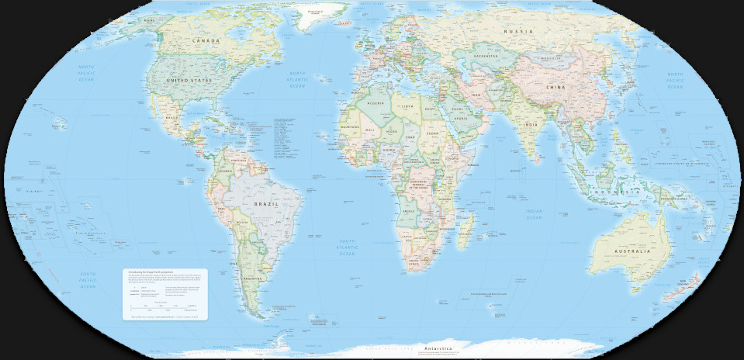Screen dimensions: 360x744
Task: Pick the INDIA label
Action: [x=531, y=124]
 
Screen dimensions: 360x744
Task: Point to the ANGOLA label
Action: [x=406, y=209]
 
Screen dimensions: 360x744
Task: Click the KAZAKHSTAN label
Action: [x=486, y=56]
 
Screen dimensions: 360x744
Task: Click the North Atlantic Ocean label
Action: [x=298, y=80]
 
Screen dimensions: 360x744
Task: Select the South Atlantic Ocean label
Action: [x=348, y=247]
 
